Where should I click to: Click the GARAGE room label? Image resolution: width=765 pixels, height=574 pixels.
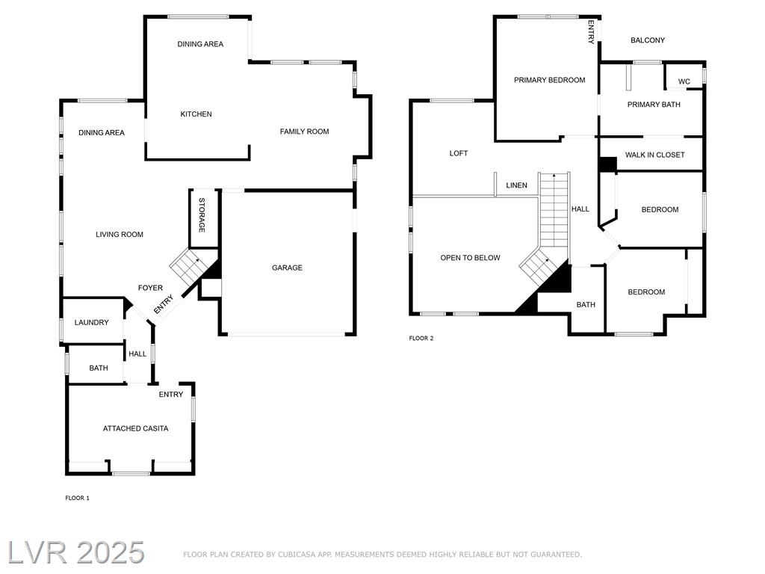(287, 268)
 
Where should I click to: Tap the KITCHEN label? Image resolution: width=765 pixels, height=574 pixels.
(196, 114)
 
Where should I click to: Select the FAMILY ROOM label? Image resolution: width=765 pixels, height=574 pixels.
(305, 132)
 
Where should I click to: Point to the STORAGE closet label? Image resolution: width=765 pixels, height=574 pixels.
(202, 215)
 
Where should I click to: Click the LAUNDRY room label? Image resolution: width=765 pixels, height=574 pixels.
(91, 322)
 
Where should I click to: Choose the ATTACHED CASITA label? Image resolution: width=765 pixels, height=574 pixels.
(136, 428)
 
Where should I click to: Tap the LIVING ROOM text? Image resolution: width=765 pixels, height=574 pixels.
(120, 234)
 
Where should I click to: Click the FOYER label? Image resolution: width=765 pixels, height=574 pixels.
(150, 288)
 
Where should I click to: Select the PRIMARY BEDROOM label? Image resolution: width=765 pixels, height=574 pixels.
(549, 80)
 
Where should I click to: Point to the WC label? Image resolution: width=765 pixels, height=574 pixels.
(684, 81)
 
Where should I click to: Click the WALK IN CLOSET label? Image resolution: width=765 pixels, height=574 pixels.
(654, 155)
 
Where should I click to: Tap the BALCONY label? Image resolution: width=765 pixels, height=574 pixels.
(648, 40)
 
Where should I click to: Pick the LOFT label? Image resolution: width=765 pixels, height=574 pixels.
(459, 153)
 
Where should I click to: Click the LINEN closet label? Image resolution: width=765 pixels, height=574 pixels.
(517, 185)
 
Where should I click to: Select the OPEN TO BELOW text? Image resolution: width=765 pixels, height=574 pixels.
(471, 258)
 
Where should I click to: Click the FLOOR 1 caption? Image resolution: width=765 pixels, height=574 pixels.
(77, 498)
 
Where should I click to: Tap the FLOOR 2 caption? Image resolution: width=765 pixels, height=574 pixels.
(421, 338)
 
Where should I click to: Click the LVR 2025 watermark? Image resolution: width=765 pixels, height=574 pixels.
(76, 552)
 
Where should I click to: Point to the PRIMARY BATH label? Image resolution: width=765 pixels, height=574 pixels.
(654, 105)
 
